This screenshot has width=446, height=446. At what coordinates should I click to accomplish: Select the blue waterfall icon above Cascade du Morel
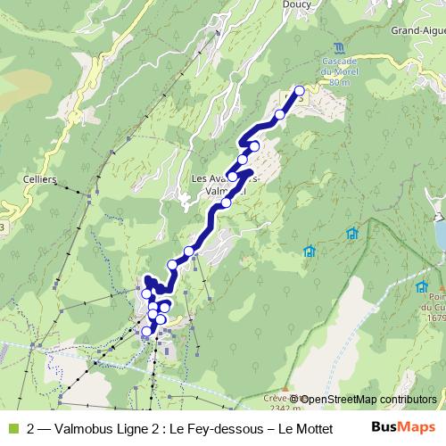338,47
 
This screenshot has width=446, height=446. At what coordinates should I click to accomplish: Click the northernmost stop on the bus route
299,91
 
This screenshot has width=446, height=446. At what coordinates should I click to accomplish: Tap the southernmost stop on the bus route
146,331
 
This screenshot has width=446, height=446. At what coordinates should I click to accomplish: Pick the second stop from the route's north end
280,114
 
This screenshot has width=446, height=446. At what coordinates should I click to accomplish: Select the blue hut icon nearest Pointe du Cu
421,286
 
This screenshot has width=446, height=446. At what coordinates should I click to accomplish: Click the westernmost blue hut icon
309,251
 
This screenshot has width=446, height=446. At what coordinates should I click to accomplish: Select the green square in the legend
12,428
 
